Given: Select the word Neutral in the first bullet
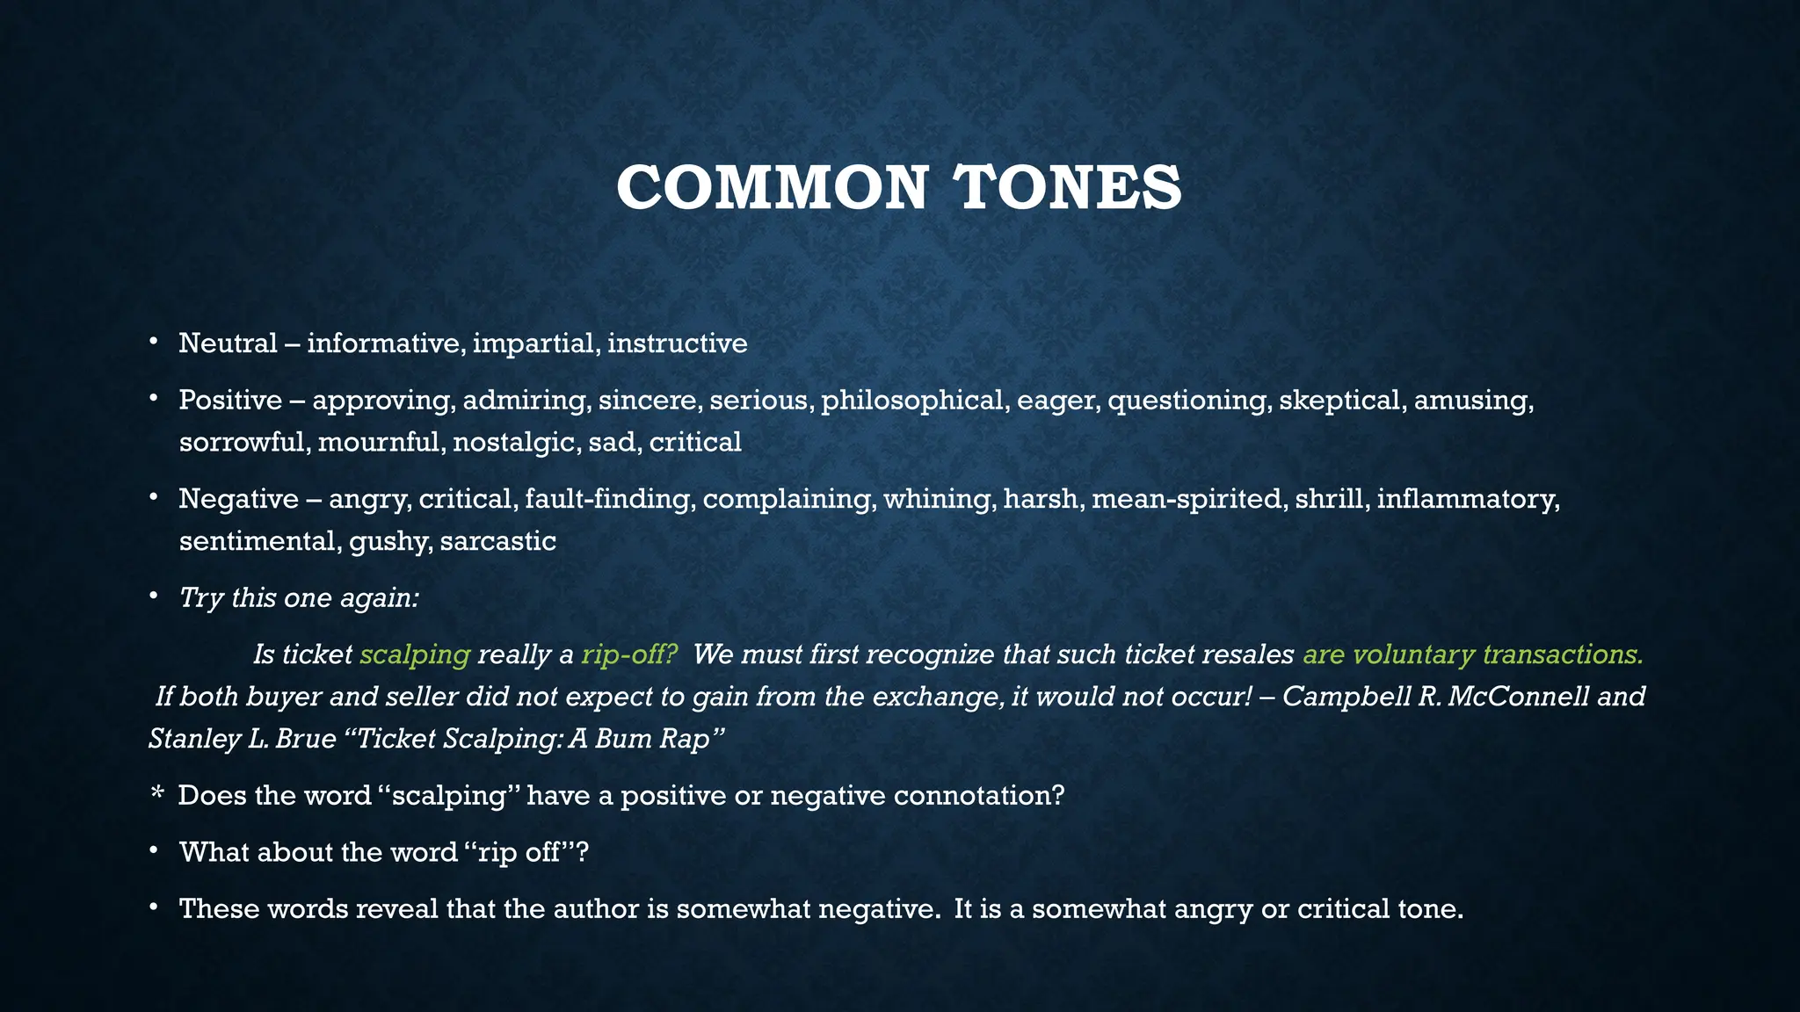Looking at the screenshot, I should (228, 343).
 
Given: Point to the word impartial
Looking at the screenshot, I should (536, 343).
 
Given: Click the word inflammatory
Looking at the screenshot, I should (1468, 499).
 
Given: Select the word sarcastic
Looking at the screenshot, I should (497, 541).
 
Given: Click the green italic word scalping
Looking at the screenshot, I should (415, 654).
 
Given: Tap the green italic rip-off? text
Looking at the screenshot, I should (629, 654).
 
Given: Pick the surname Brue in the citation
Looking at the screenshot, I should (305, 739).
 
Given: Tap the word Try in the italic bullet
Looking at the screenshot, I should (200, 598).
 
